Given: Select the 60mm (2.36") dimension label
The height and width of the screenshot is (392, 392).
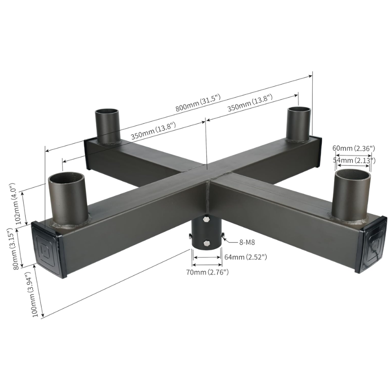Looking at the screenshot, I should [x=353, y=149].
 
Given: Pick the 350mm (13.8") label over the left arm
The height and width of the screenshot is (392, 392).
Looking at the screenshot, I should [x=153, y=131].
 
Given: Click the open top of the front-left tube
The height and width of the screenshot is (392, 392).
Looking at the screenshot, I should [x=66, y=178].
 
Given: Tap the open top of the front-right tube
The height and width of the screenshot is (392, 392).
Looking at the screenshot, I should [x=353, y=176].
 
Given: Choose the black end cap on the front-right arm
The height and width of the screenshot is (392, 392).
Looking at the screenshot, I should [x=372, y=243].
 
